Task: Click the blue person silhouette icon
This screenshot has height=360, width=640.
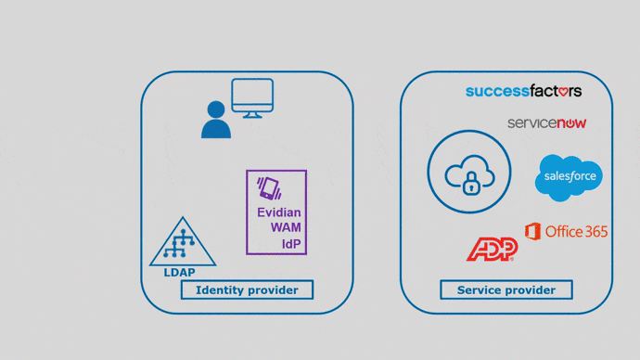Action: (216, 120)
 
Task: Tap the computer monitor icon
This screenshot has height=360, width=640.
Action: (252, 98)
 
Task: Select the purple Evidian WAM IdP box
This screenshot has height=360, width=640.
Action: (276, 212)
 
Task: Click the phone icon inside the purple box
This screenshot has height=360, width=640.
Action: (269, 187)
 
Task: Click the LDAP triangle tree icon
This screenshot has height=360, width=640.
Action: (183, 242)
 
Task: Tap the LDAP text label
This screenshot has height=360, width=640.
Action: (180, 273)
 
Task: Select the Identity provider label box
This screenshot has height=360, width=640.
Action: (247, 290)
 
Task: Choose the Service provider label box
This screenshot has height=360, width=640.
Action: (506, 290)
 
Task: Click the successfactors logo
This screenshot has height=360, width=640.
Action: (523, 91)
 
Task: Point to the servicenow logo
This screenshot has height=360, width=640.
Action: (546, 122)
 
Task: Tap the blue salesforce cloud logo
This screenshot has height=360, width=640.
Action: (569, 177)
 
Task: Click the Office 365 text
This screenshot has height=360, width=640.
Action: (577, 231)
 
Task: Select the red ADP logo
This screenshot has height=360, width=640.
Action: (491, 249)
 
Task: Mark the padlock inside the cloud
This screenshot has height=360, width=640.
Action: (471, 184)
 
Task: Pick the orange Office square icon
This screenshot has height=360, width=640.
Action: (532, 230)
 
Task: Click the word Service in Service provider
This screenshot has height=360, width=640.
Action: (479, 290)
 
